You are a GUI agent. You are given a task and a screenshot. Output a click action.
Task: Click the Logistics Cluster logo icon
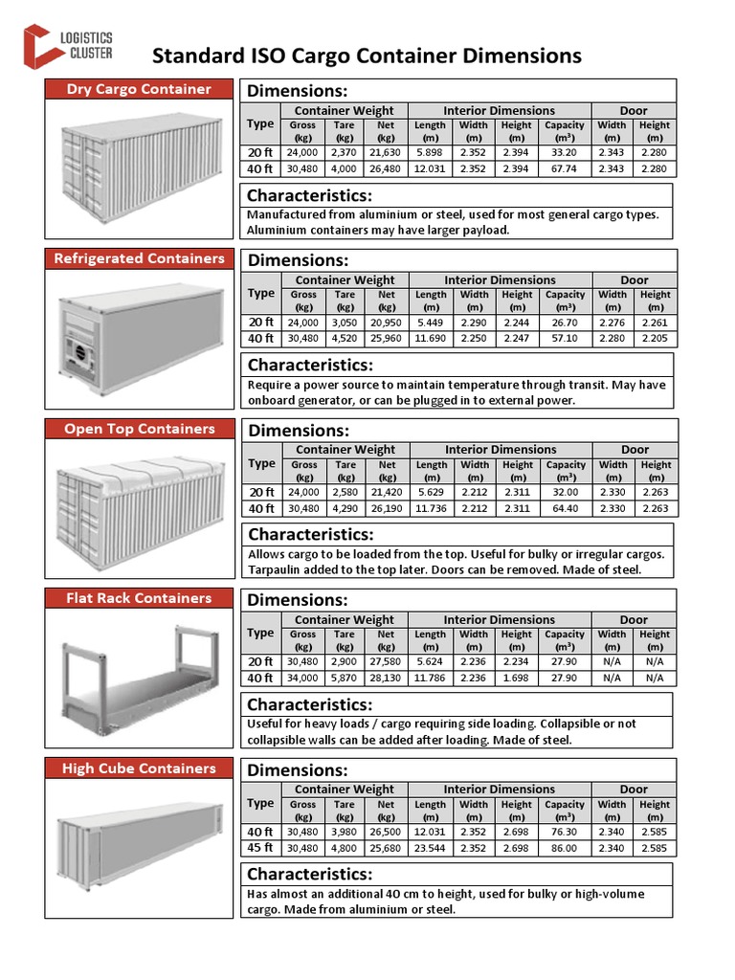[x=41, y=45]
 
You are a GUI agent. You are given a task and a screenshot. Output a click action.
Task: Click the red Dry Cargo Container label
[x=139, y=89]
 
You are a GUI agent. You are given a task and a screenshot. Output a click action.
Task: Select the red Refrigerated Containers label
[x=139, y=258]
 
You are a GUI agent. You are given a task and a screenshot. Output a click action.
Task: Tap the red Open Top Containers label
[x=139, y=429]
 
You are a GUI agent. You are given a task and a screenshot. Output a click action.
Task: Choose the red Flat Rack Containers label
[x=139, y=598]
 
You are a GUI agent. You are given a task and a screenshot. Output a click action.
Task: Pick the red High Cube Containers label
[x=139, y=768]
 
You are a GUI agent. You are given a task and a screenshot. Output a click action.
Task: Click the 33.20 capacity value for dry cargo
[x=565, y=152]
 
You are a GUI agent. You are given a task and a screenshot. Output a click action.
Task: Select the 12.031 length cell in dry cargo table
[x=430, y=169]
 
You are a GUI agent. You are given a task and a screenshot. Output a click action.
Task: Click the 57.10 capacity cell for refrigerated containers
[x=565, y=339]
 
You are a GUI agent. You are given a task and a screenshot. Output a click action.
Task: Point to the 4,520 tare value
[x=345, y=339]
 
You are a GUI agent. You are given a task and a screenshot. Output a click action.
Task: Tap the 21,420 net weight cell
[x=388, y=492]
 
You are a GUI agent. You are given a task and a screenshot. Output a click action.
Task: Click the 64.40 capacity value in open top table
[x=566, y=508]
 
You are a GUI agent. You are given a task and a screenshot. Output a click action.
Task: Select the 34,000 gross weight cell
[x=303, y=679]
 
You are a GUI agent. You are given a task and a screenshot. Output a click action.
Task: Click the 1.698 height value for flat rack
[x=517, y=679]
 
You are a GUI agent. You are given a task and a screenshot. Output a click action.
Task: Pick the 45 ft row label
[x=259, y=848]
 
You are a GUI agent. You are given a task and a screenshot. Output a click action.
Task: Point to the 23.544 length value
[x=430, y=848]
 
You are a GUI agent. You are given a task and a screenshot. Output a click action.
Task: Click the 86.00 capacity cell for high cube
[x=565, y=848]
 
